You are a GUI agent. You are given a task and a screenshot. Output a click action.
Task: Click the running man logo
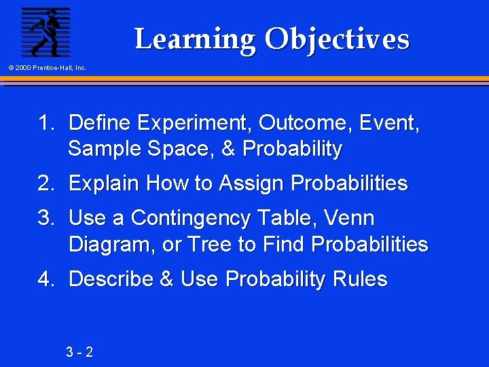[46, 32]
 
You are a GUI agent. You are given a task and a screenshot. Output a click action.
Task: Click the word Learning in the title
[195, 39]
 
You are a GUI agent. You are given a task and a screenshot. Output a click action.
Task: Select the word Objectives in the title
[337, 39]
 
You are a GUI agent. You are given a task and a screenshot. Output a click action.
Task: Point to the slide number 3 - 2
[80, 352]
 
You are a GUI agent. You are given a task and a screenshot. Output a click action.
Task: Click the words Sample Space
[142, 149]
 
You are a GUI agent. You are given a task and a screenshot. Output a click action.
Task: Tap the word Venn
[349, 218]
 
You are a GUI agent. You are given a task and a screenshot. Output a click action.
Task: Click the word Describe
[111, 279]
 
